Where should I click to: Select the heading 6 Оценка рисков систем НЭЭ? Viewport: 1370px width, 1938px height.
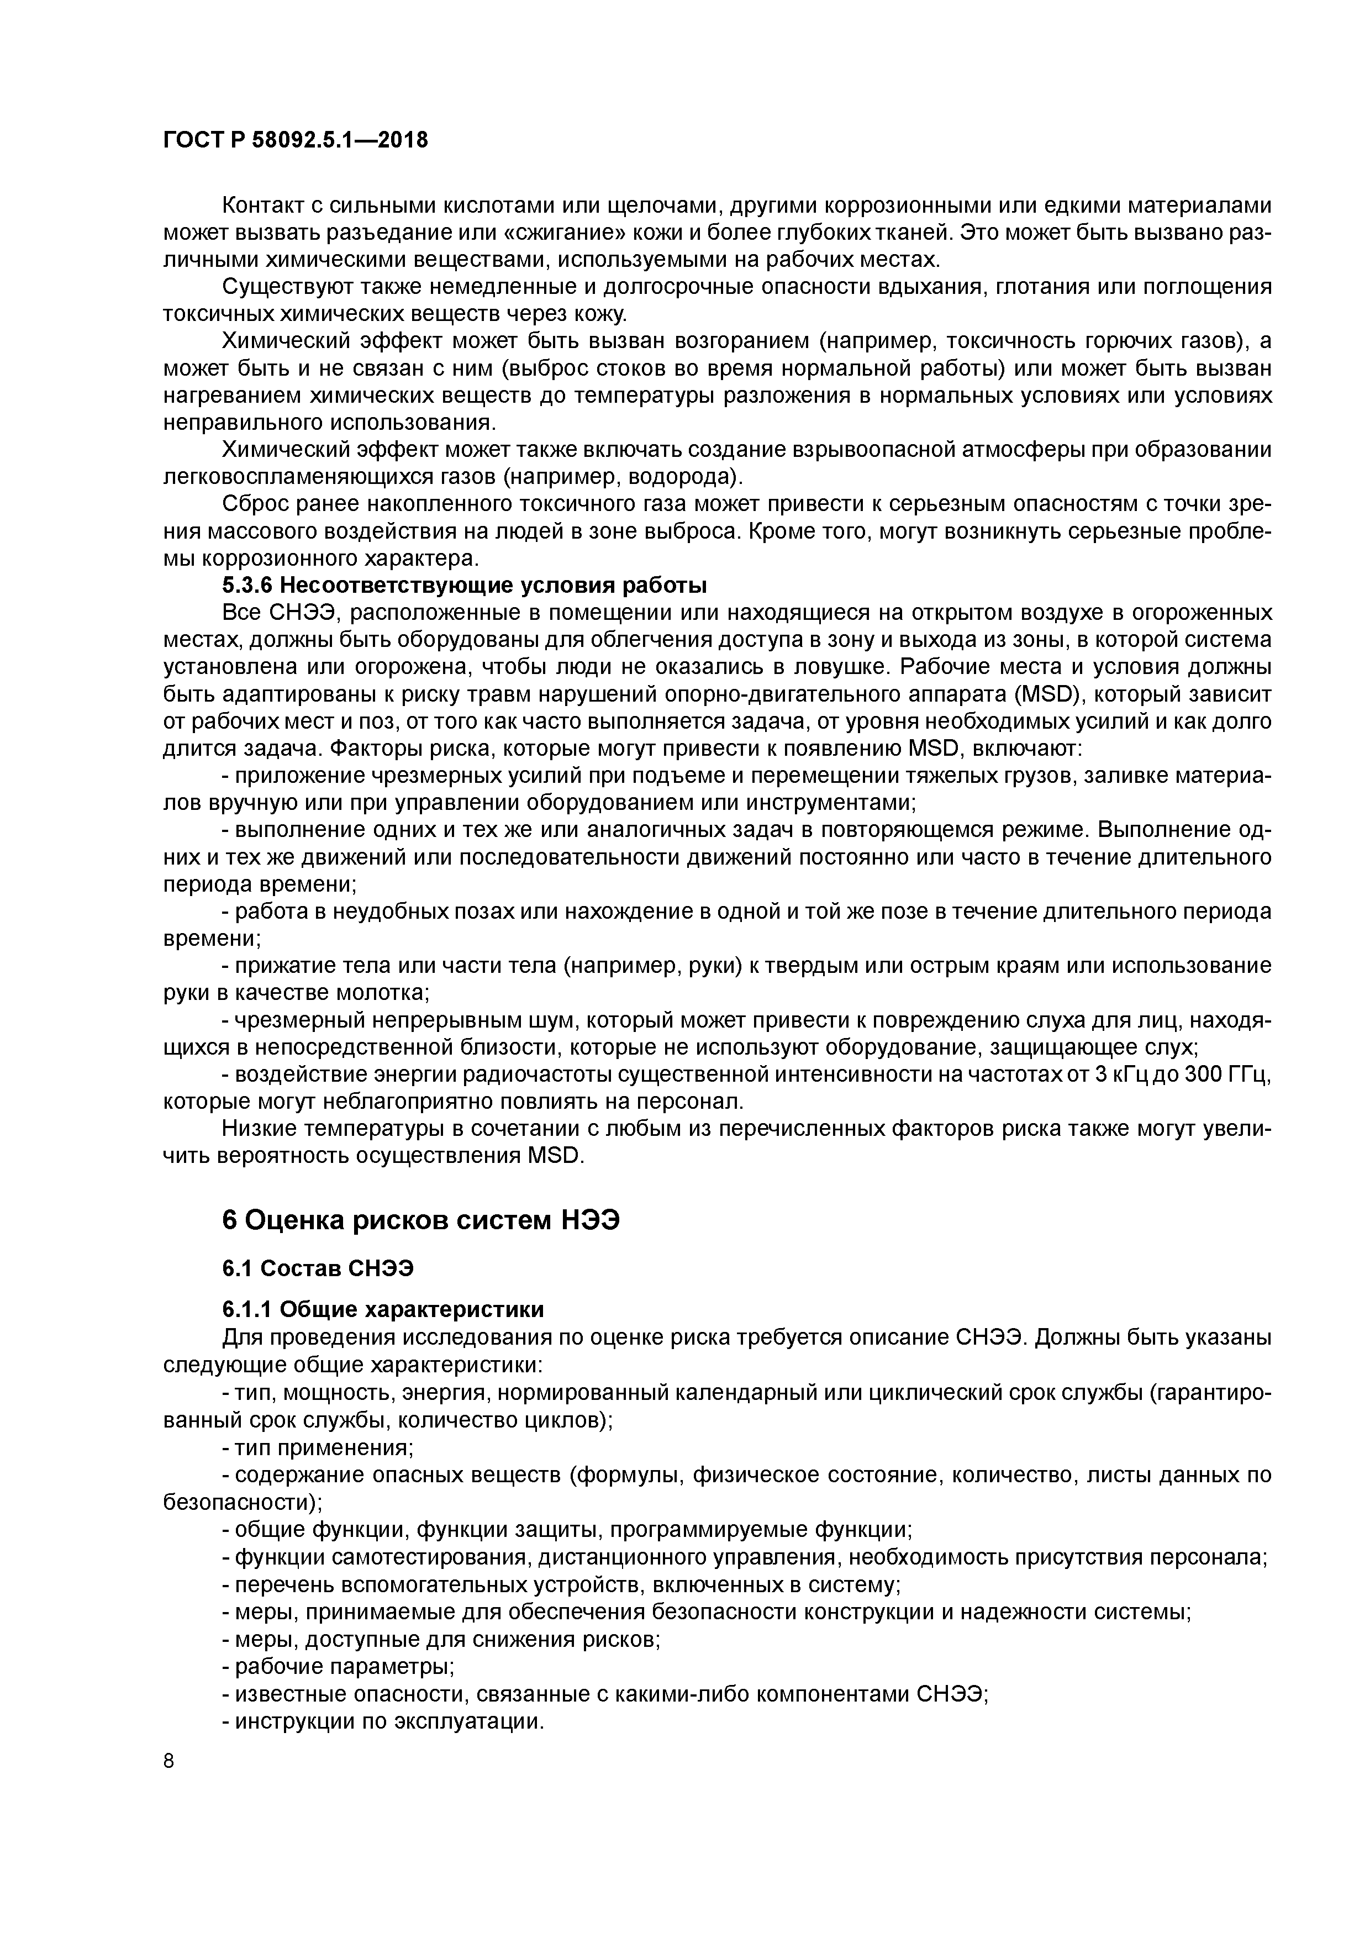(x=420, y=1220)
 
